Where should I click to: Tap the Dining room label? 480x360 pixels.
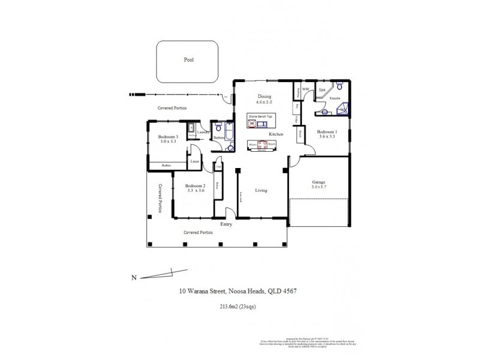(x=265, y=97)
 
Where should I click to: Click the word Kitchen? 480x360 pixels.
(x=275, y=133)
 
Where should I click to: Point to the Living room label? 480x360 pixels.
(x=261, y=191)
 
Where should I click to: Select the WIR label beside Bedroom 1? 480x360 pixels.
(x=305, y=90)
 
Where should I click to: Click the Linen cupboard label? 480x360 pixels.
(x=194, y=161)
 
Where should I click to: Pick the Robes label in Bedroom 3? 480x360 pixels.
(x=161, y=166)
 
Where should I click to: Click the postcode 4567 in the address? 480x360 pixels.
(x=290, y=292)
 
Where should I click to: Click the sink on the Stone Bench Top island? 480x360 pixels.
(x=252, y=124)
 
